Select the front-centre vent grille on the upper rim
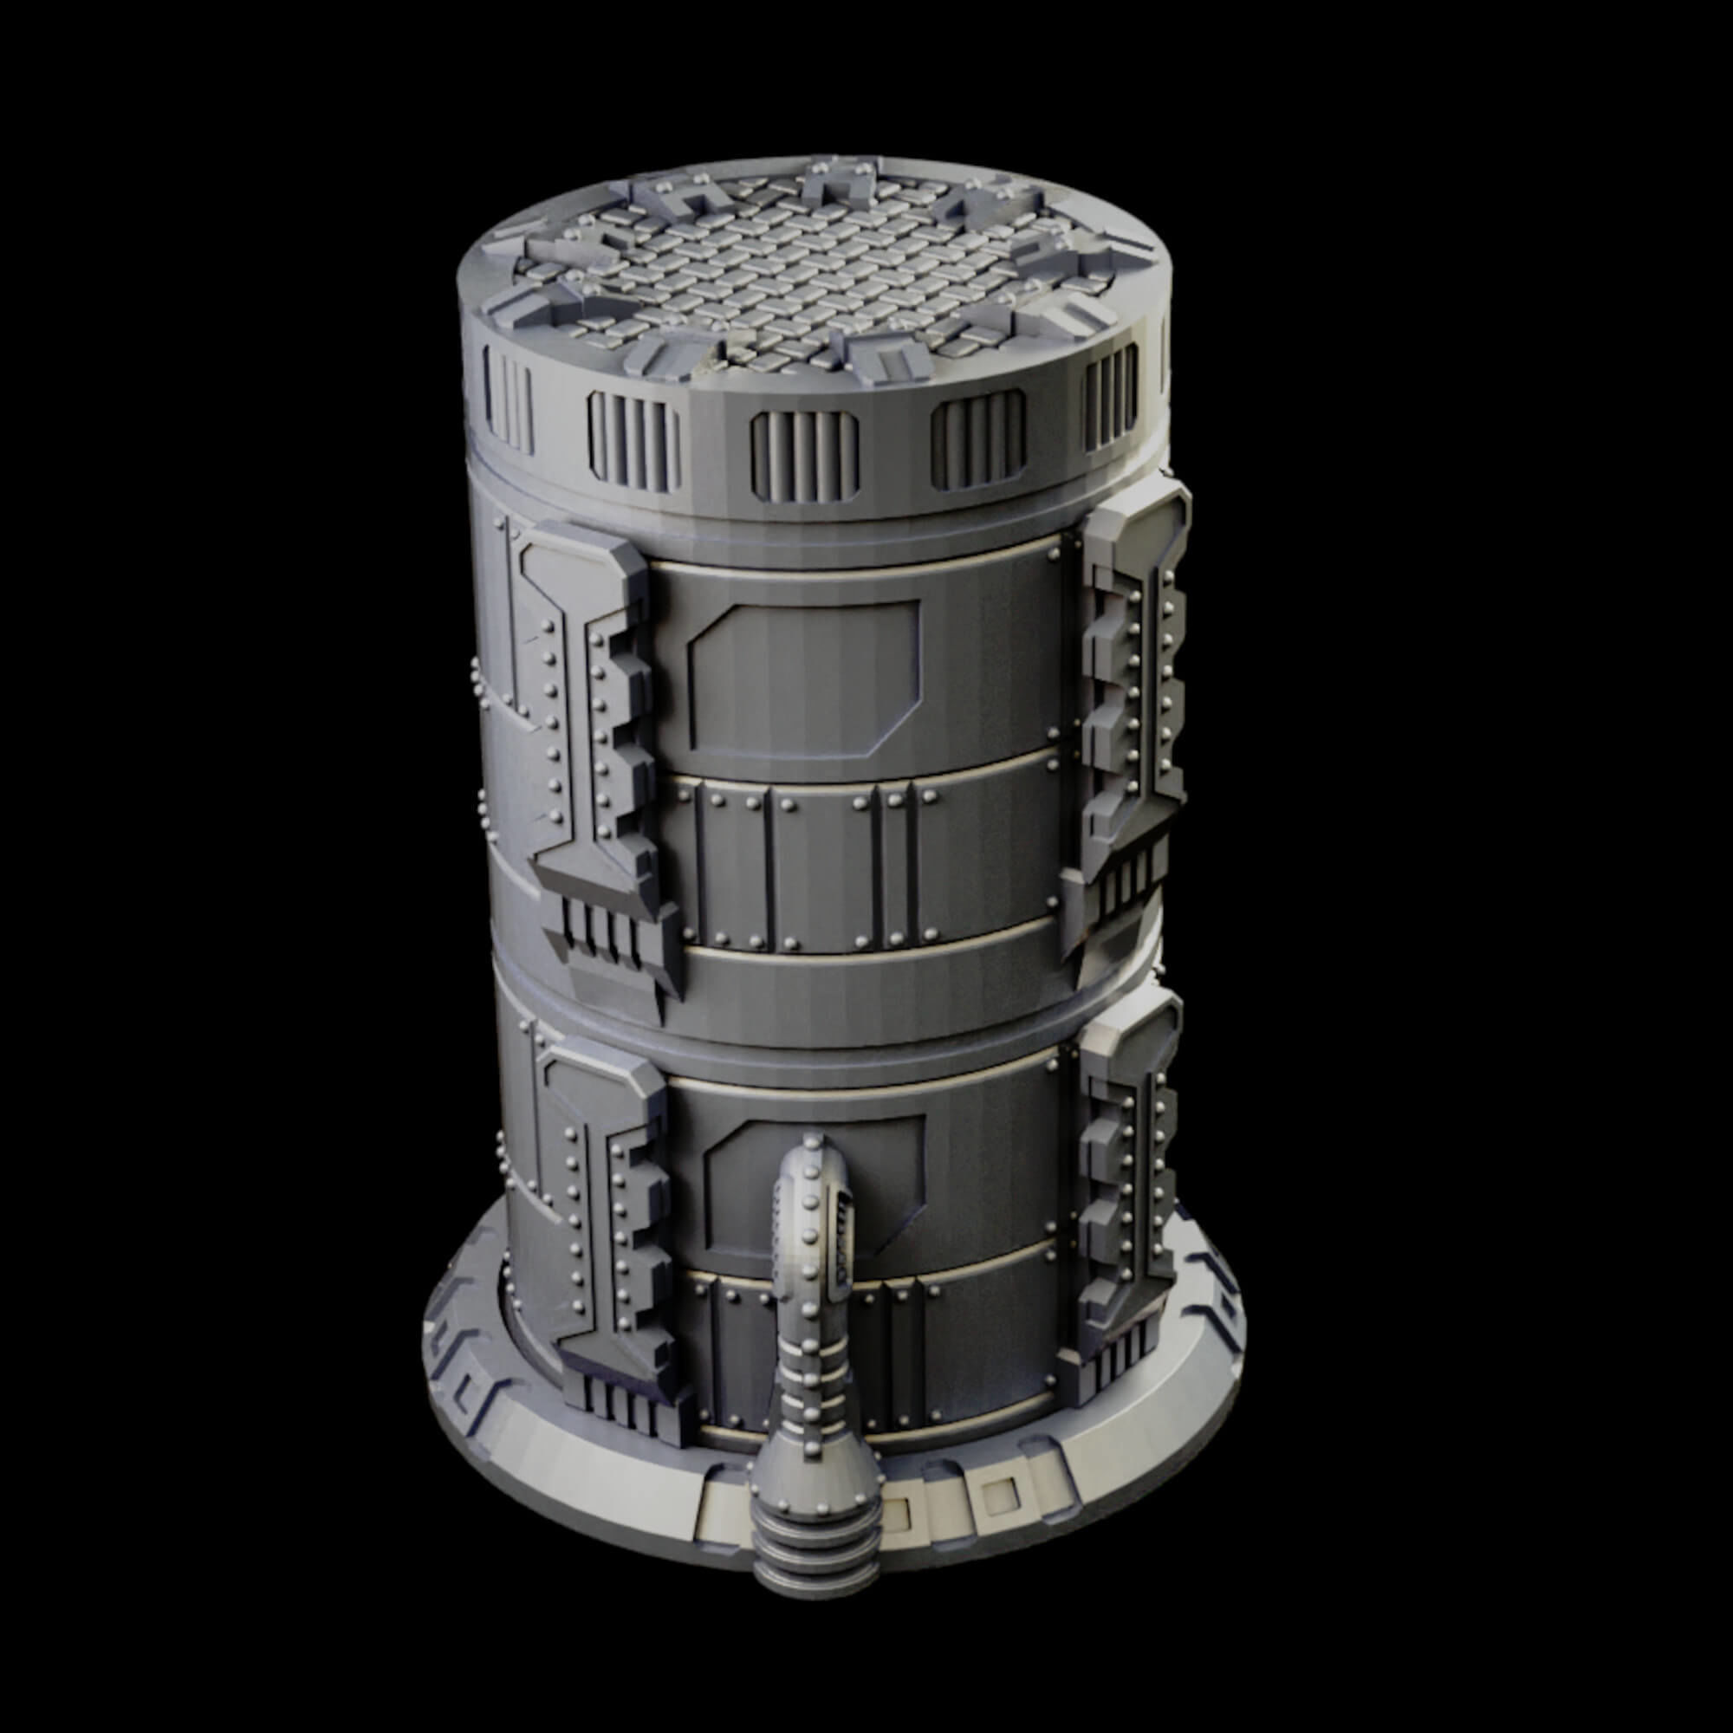(805, 456)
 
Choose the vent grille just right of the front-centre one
(977, 443)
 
